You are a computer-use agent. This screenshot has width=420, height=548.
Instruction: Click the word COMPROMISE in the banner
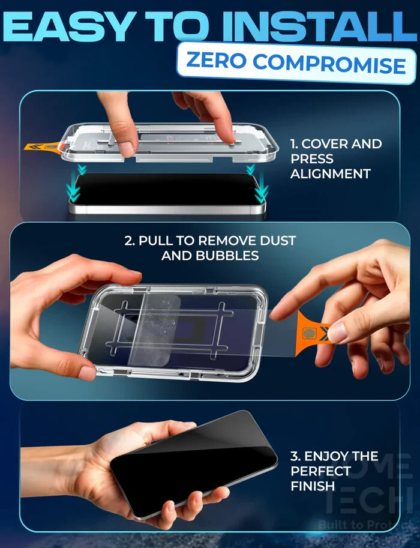[334, 64]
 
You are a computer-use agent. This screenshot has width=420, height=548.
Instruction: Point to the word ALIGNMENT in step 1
[330, 174]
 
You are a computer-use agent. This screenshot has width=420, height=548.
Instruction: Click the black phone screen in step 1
[168, 189]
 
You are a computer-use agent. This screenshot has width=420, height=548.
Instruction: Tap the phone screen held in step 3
[192, 462]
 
